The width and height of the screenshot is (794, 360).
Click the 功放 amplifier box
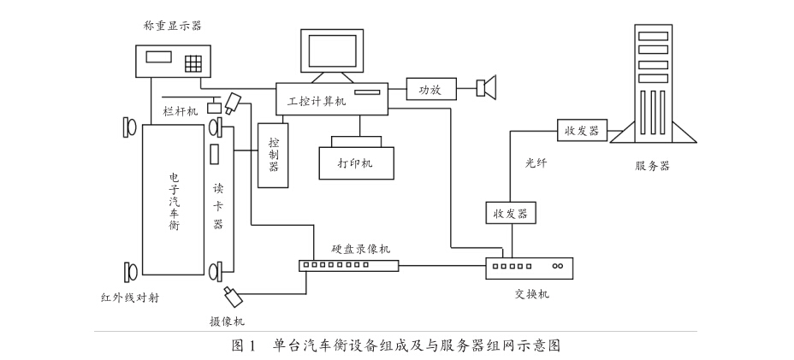430,87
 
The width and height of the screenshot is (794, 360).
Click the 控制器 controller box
274,154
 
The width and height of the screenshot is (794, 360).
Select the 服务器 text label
652,166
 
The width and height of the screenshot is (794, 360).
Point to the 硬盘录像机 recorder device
349,266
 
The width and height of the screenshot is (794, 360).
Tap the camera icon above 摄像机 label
233,298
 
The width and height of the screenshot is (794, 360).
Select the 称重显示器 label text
167,28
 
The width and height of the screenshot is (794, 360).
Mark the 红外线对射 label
129,298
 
